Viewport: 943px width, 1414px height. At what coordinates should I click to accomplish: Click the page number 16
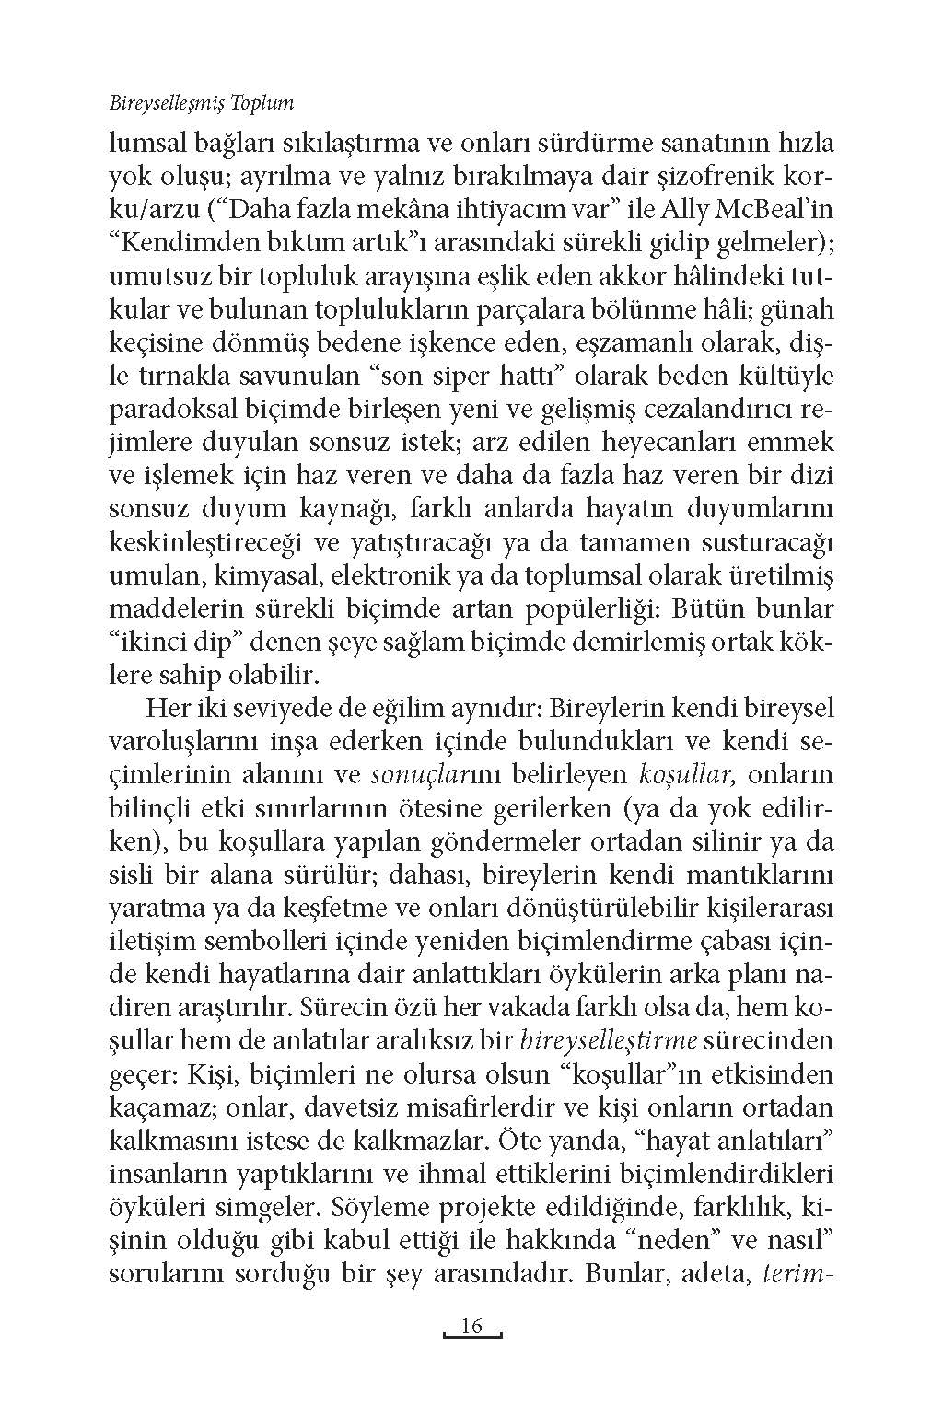[471, 1327]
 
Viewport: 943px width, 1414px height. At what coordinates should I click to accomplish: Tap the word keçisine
[157, 342]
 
